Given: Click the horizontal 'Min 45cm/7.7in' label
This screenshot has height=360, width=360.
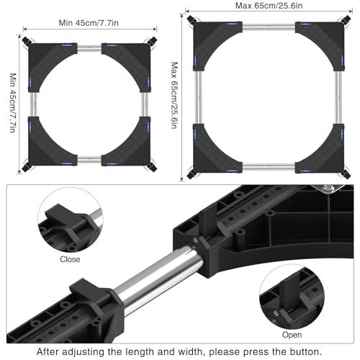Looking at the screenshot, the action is pyautogui.click(x=89, y=23).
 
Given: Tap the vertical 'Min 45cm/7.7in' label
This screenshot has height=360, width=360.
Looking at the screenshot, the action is pyautogui.click(x=13, y=103).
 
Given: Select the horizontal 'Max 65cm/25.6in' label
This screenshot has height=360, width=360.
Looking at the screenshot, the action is pyautogui.click(x=269, y=6).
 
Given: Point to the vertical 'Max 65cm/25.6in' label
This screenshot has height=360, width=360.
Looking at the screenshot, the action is pyautogui.click(x=174, y=96).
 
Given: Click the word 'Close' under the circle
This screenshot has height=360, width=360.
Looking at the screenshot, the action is pyautogui.click(x=70, y=259).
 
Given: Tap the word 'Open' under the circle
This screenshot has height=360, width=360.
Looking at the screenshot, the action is pyautogui.click(x=292, y=335).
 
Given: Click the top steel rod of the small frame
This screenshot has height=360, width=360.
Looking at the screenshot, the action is pyautogui.click(x=89, y=49).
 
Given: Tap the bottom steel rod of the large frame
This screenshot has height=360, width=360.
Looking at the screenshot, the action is pyautogui.click(x=269, y=167).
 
